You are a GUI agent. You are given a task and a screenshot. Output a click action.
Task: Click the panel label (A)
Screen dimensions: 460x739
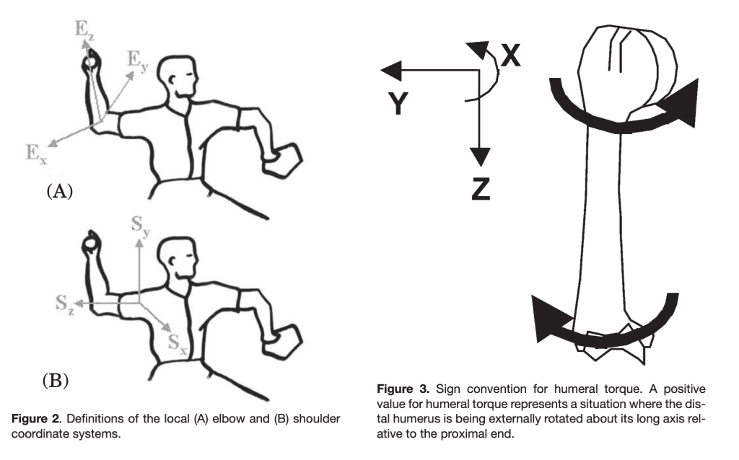[x=61, y=192]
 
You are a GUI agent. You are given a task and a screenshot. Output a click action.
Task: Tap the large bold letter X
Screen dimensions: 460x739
[x=510, y=56]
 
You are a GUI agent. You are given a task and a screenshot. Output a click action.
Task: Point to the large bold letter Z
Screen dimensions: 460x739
[x=481, y=187]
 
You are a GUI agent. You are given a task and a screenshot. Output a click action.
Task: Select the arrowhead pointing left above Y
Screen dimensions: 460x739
[x=390, y=70]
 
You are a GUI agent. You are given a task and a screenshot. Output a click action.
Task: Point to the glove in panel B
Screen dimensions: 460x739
[x=287, y=342]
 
